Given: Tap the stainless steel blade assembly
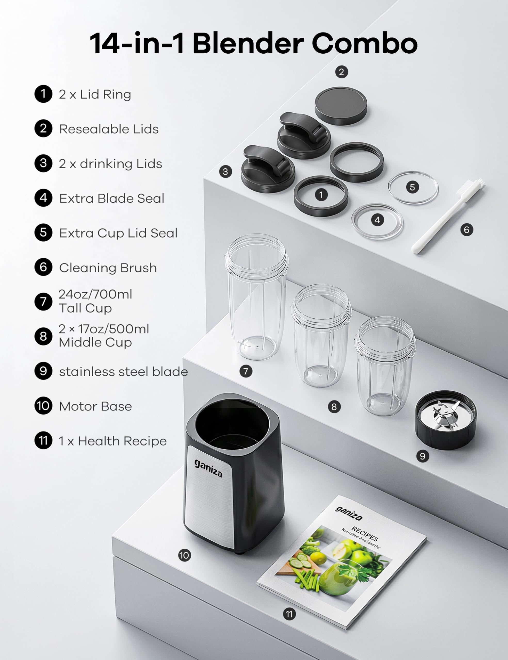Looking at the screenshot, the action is pos(446,420).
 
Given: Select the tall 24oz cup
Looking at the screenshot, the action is pos(256,297).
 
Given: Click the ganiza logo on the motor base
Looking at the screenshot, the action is pos(208,468).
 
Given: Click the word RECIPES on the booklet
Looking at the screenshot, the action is pos(365,534).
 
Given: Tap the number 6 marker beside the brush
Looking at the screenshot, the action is pos(466,230).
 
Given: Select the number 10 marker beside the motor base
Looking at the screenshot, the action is pos(184,555).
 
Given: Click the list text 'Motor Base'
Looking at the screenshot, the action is pos(95,406).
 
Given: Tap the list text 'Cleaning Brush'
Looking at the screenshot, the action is pos(108,268).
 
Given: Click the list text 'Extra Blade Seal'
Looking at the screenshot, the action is pos(111,198).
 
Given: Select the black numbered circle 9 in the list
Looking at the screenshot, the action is pos(43,371).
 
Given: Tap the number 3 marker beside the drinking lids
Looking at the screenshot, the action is pos(225,172).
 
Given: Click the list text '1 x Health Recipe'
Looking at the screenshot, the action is pos(113,441).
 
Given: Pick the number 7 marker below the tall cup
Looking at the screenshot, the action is pos(246,371).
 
